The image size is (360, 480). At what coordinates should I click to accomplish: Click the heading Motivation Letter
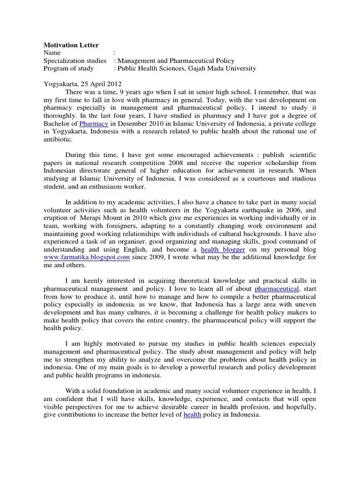tap(71, 45)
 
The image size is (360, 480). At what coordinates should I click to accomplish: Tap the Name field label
tap(52, 53)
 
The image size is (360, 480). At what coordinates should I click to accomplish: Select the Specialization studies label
tap(75, 60)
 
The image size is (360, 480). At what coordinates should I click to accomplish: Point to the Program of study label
tap(68, 68)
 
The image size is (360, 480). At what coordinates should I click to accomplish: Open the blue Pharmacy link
tap(94, 124)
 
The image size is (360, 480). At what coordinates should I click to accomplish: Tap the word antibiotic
tap(58, 139)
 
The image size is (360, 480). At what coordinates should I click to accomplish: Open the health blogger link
tap(223, 250)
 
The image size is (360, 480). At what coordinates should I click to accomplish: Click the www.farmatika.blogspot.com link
tap(87, 257)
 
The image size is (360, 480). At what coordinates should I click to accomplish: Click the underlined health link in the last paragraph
tap(192, 415)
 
